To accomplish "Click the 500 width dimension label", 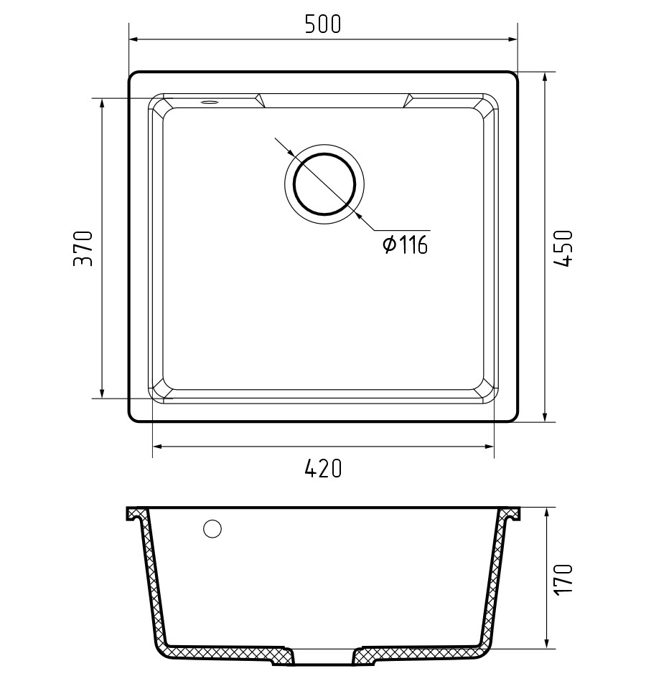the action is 323,24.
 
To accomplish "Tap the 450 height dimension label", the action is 563,248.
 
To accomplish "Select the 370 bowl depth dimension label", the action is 83,249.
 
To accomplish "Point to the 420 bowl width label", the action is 323,469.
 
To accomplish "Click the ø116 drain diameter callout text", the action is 405,244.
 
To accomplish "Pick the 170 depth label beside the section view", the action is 563,579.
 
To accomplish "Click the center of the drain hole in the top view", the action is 324,184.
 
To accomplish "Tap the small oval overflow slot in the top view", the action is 209,103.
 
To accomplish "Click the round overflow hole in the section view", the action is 212,528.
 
